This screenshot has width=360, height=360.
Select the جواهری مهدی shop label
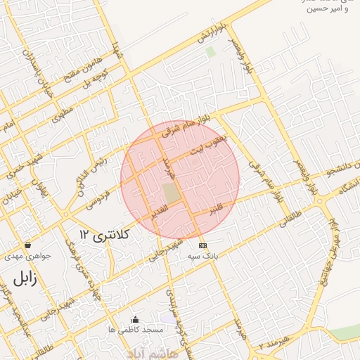tap(28, 257)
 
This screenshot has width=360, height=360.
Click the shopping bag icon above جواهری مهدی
tap(27, 245)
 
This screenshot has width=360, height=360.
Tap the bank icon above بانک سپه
tap(203, 245)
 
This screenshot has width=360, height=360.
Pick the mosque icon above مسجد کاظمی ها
tap(135, 319)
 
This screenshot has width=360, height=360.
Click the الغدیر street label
tap(160, 210)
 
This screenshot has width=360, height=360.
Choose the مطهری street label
tap(63, 115)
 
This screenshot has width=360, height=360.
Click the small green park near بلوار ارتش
tap(210, 52)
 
